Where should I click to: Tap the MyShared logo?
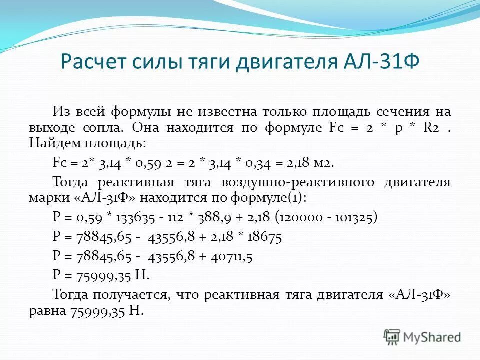(422, 337)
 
